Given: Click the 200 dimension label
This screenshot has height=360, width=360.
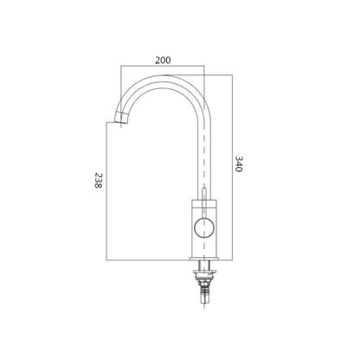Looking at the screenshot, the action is (x=163, y=61).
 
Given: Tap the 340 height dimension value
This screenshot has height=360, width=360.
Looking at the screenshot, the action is (x=238, y=164).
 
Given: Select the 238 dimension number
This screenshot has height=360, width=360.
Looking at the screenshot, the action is (x=99, y=180).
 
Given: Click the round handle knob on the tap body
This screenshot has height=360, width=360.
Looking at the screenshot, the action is (x=204, y=228).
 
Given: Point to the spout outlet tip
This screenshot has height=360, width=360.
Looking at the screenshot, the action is (x=120, y=119).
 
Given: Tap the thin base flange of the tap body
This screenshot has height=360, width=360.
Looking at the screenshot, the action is (x=204, y=259).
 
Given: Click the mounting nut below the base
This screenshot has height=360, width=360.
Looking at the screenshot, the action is (x=205, y=272).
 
